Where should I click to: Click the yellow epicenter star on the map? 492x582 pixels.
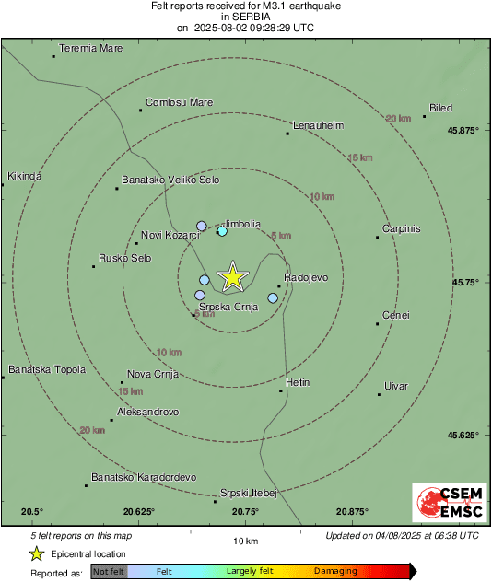click(x=233, y=276)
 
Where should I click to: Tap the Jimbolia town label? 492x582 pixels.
click(x=242, y=224)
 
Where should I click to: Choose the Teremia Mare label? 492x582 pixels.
click(x=90, y=48)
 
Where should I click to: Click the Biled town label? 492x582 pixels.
click(x=440, y=108)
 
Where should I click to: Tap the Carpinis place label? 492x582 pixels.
click(x=402, y=228)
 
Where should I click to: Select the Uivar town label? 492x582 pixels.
click(x=395, y=385)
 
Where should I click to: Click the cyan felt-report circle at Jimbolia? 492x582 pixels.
click(x=221, y=231)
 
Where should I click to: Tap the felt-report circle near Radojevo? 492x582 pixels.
click(x=273, y=297)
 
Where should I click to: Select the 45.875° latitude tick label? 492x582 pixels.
click(x=463, y=130)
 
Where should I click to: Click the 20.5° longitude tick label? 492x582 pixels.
click(x=32, y=511)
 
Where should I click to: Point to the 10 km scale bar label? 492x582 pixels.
click(x=245, y=540)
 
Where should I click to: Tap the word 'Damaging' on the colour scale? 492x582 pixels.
click(x=335, y=571)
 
